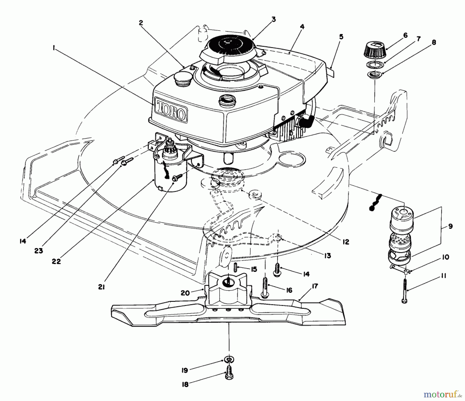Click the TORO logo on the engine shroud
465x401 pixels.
(171, 110)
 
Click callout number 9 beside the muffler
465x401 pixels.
(450, 227)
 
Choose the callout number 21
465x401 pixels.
(101, 287)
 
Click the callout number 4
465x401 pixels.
(302, 26)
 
